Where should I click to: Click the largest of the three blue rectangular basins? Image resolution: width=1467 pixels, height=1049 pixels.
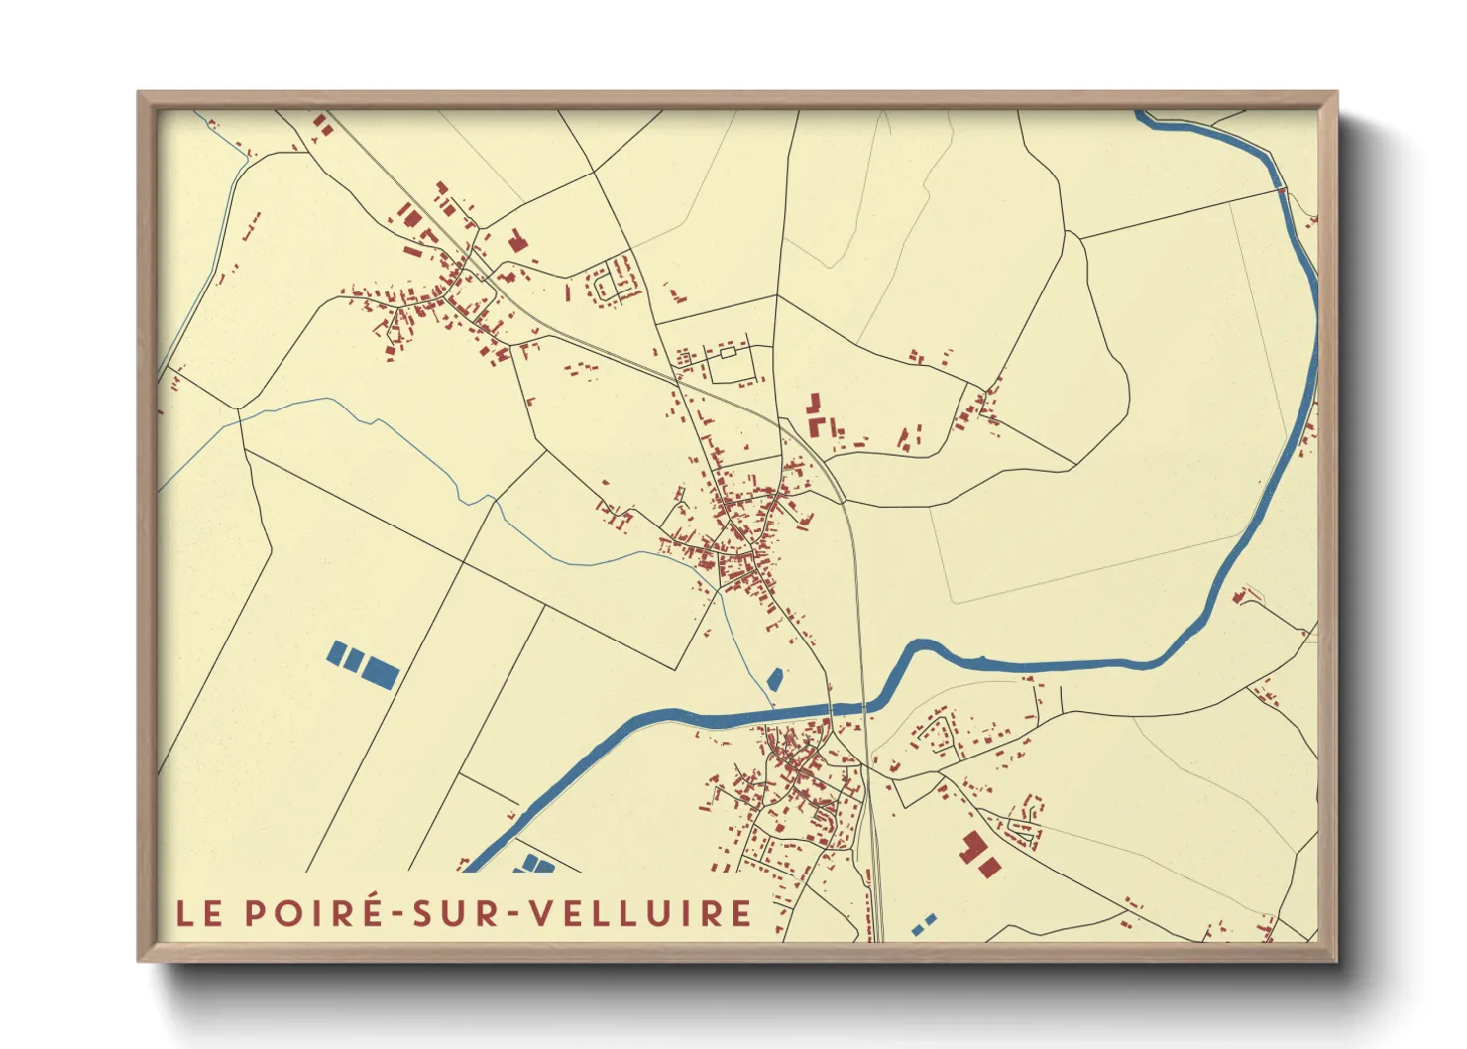coord(380,671)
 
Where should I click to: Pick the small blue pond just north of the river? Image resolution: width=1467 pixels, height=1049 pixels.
coord(775,680)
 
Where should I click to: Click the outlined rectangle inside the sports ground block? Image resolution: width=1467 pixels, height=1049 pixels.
coord(729,352)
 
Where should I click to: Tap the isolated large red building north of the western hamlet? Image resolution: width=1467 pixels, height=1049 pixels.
coord(515,240)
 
